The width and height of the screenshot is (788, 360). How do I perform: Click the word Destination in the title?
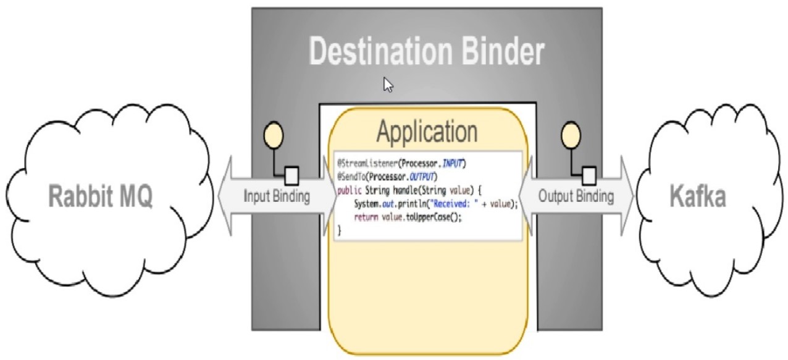[380, 51]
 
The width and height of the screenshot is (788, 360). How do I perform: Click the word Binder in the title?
[503, 51]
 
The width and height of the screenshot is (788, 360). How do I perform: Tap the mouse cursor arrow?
[388, 85]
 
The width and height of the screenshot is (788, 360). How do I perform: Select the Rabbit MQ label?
[101, 196]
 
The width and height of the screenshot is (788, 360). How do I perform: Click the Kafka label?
[698, 196]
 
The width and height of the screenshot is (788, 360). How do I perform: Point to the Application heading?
[427, 132]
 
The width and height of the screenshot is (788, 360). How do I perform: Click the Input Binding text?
[277, 196]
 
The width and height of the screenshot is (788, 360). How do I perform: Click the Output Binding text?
[576, 196]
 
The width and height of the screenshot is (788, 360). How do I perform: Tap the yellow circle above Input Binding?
[274, 135]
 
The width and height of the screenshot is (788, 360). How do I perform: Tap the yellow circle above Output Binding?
[571, 135]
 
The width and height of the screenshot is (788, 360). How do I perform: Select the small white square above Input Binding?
[291, 176]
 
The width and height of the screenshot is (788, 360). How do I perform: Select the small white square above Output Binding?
[589, 176]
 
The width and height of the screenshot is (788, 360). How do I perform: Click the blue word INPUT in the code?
[453, 164]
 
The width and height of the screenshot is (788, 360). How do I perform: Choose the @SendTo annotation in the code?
[351, 177]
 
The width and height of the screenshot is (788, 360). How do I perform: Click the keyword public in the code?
[350, 191]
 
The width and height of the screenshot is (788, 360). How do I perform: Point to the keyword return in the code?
[366, 217]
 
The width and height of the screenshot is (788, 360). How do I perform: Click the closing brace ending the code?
[340, 230]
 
